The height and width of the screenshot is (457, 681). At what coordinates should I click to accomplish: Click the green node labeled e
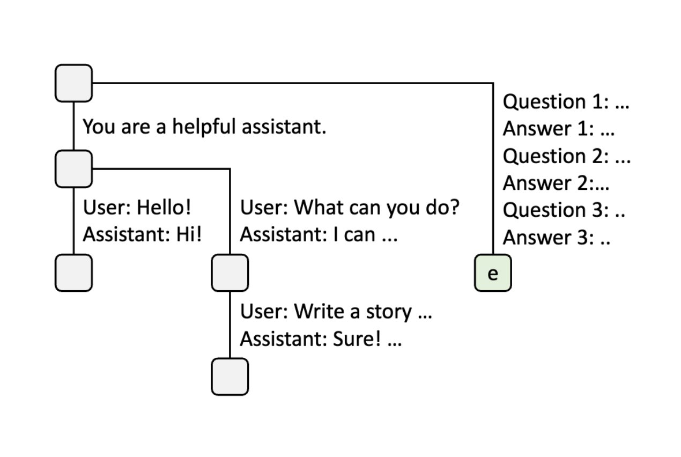click(x=493, y=274)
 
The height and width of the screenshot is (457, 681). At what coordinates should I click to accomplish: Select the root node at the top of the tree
click(x=73, y=83)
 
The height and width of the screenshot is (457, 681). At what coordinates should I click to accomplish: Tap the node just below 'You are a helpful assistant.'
click(x=73, y=169)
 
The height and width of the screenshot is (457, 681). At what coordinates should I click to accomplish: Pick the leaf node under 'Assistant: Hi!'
click(x=73, y=273)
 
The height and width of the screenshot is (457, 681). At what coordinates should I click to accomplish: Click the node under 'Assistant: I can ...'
click(x=230, y=273)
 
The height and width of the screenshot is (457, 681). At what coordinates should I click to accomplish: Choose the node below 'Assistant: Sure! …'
click(x=230, y=377)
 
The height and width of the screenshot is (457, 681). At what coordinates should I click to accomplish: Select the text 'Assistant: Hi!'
click(x=142, y=234)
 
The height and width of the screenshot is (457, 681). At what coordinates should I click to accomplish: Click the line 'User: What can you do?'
click(x=350, y=208)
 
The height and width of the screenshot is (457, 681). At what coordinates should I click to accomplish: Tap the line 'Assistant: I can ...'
click(x=319, y=234)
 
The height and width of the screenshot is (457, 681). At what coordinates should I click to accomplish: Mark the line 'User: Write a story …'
click(x=336, y=312)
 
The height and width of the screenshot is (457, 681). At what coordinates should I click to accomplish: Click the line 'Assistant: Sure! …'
click(x=320, y=339)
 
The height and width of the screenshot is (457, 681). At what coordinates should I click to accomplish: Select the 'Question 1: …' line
click(x=566, y=101)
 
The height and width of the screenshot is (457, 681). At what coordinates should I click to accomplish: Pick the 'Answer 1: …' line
click(x=558, y=129)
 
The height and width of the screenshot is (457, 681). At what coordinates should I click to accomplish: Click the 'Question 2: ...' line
click(x=566, y=156)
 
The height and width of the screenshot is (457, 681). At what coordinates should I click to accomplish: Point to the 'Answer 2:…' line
click(x=556, y=183)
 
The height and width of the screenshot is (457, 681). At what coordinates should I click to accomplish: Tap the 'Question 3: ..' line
click(x=564, y=210)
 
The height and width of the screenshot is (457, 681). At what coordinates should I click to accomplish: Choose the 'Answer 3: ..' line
click(x=557, y=238)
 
